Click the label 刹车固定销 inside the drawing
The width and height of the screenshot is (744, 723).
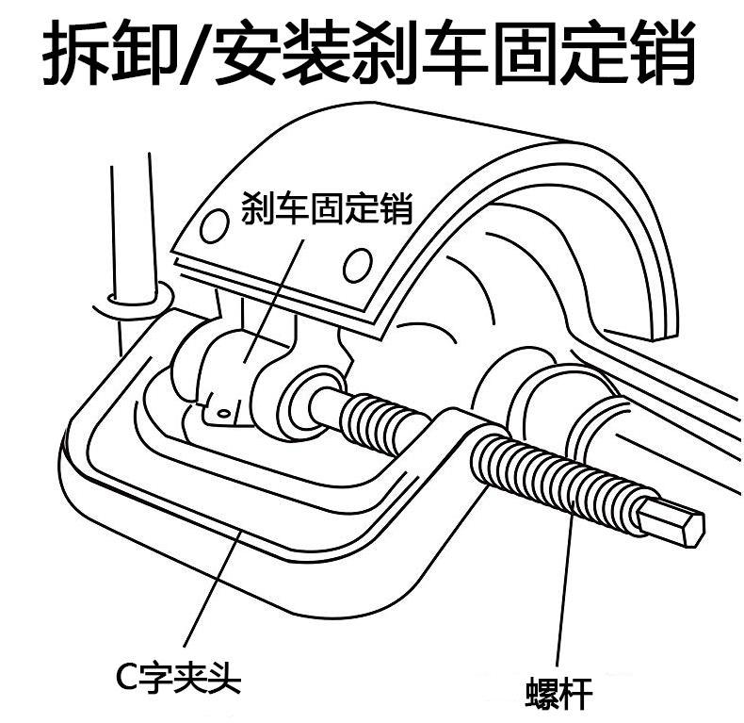click(327, 207)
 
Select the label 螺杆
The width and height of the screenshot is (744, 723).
click(558, 693)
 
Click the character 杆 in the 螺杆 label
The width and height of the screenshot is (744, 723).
click(575, 693)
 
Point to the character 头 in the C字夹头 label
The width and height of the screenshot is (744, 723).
click(225, 677)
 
